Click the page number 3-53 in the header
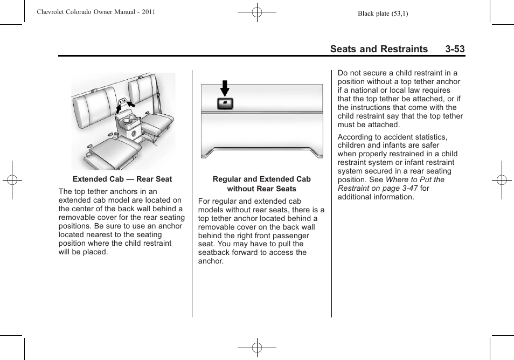(455, 49)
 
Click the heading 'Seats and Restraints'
(379, 49)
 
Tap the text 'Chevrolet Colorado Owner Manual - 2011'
(96, 12)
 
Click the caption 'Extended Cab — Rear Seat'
(122, 179)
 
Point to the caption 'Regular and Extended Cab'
(261, 179)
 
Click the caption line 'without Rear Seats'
(261, 189)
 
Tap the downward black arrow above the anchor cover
(225, 88)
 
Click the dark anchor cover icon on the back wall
(225, 103)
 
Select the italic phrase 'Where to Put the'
(415, 179)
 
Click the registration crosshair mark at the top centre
(257, 12)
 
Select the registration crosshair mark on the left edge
(12, 180)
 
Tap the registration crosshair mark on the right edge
(501, 180)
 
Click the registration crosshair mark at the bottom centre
(257, 348)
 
